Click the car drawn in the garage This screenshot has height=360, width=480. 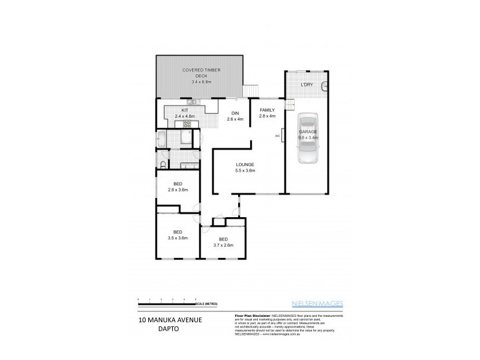click(307, 137)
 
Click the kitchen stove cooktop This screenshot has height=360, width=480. click(187, 124)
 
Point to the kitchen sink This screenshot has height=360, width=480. click(198, 103)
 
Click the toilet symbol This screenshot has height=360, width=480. click(163, 164)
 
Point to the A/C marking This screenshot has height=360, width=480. click(277, 136)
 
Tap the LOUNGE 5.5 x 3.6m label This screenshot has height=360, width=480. click(245, 167)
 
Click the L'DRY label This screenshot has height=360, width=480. click(306, 85)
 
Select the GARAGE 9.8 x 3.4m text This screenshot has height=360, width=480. click(308, 134)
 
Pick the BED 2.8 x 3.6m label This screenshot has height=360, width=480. click(178, 187)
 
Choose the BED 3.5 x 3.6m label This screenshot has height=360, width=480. click(178, 235)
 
